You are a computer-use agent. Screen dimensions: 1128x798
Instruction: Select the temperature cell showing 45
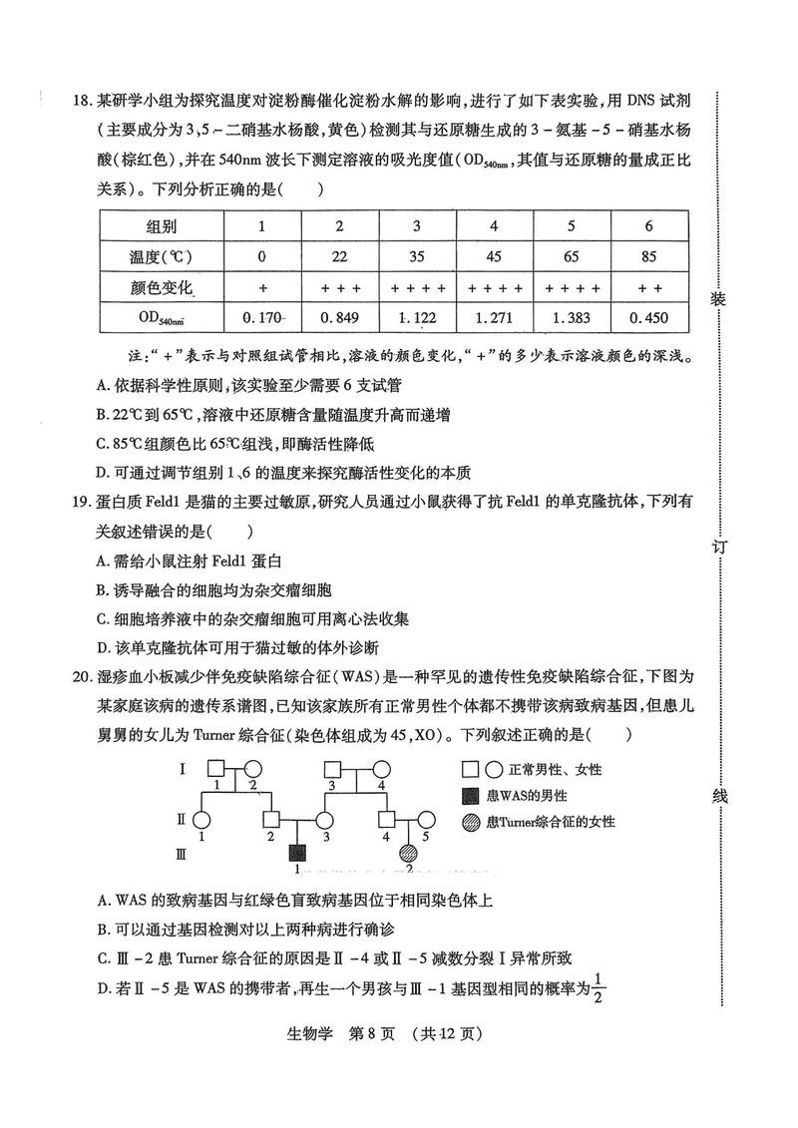[494, 256]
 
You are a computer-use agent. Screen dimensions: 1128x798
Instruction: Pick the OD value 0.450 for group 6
[648, 320]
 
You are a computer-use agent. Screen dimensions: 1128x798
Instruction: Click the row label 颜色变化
[162, 288]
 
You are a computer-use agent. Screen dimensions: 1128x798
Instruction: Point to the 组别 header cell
[162, 225]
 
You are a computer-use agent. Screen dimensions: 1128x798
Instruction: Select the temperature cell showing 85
[648, 256]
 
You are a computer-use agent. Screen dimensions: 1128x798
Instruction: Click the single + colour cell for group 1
[262, 288]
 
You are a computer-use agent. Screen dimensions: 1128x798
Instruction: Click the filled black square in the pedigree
[297, 853]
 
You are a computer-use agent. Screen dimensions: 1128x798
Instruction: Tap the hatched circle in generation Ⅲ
[408, 853]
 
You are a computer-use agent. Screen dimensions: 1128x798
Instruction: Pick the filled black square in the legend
[471, 796]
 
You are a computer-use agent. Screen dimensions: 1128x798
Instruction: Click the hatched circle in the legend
[471, 822]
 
